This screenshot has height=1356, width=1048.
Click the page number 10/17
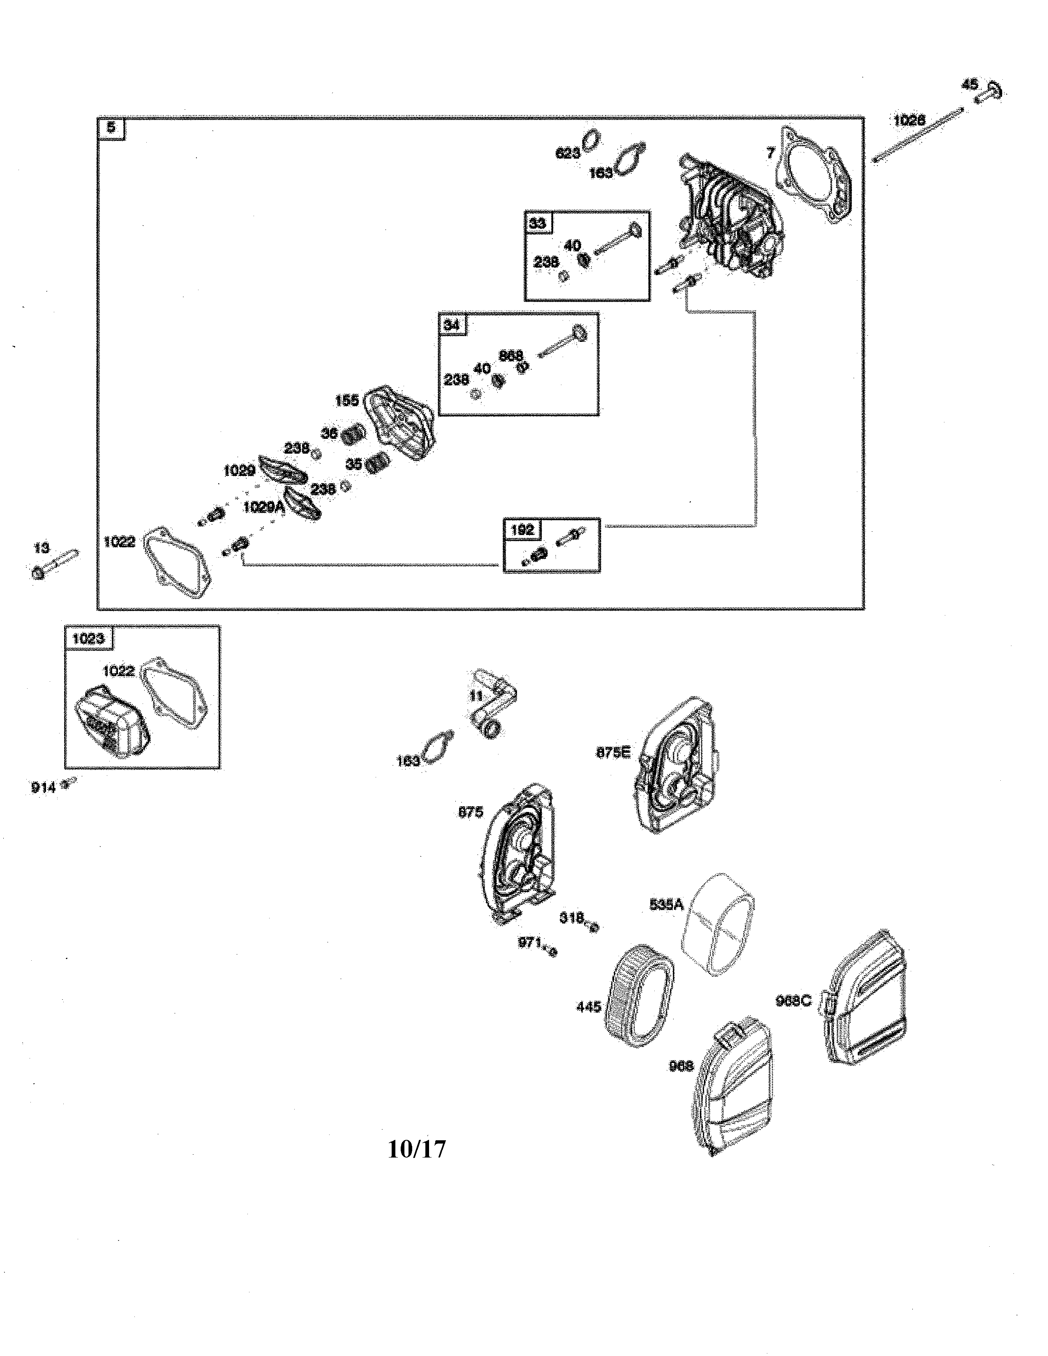(417, 1149)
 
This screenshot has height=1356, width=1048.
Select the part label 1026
(909, 120)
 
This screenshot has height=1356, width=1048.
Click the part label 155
(346, 401)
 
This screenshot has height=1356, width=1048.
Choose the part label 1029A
(263, 507)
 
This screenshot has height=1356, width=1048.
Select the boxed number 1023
(88, 638)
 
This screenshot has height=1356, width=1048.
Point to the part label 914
(44, 787)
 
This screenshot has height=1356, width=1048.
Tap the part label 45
(969, 84)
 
